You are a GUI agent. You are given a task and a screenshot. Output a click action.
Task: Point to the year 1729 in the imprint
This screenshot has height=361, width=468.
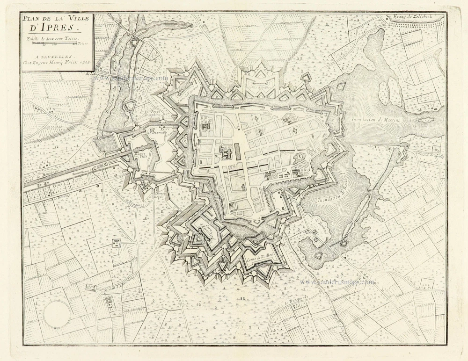point(85,62)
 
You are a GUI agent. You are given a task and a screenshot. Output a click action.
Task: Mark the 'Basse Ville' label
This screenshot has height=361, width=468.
point(139,155)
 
